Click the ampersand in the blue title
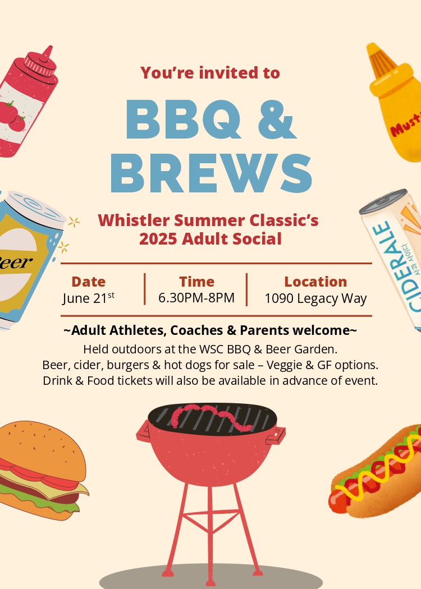[x=278, y=119]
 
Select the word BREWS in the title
[x=211, y=173]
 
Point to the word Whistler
[x=134, y=220]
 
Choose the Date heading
[x=88, y=282]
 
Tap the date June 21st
[x=89, y=298]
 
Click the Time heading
[x=196, y=282]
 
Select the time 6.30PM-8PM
[x=196, y=298]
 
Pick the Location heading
[x=315, y=282]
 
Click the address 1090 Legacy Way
[x=315, y=298]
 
